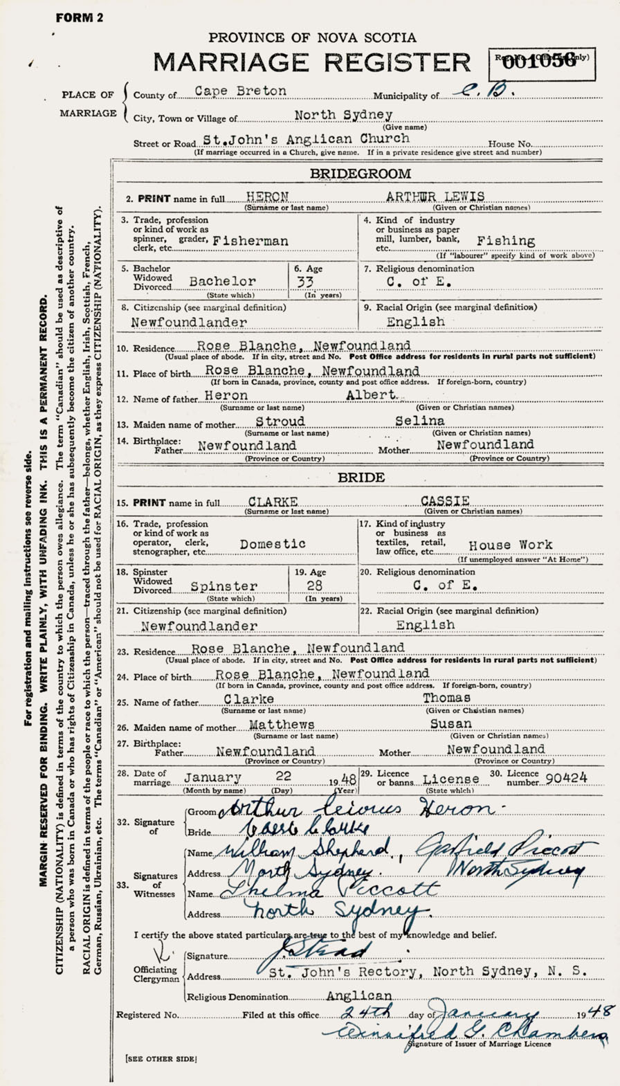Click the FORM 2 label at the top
[80, 18]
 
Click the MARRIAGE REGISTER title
[311, 62]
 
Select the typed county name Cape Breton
[240, 91]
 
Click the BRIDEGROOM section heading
[360, 174]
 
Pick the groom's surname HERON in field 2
[271, 197]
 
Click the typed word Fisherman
[250, 241]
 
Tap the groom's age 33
[304, 282]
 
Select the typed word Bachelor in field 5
[222, 282]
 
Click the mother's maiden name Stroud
[280, 422]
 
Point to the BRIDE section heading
[361, 478]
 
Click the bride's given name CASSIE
[446, 501]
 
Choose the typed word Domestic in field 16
[273, 544]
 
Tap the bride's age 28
[315, 586]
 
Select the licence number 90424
[566, 777]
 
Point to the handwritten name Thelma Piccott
[327, 889]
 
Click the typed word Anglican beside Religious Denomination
[359, 996]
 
